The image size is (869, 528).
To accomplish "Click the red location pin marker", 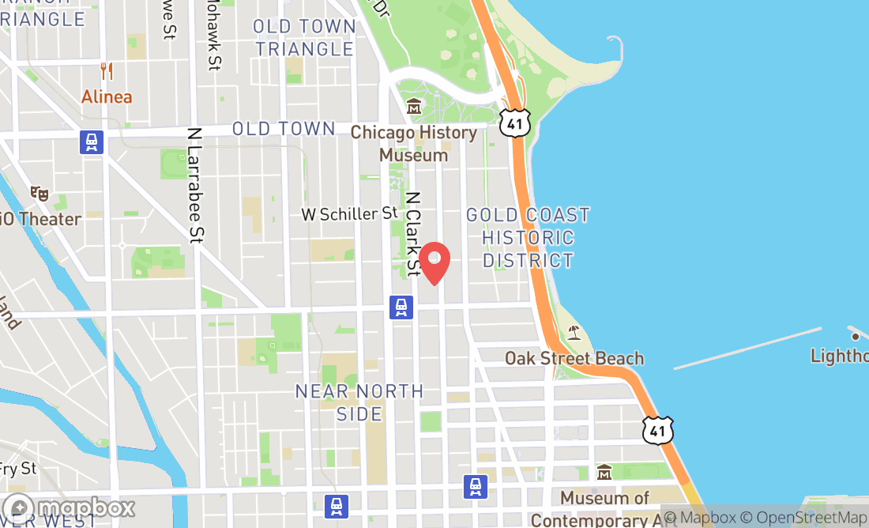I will (x=434, y=262).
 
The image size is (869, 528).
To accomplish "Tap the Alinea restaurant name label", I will (x=107, y=97).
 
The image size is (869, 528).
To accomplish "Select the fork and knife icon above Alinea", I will (x=107, y=71).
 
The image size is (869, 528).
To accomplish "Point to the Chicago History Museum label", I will (x=414, y=143).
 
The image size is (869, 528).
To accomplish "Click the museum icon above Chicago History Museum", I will (x=414, y=106).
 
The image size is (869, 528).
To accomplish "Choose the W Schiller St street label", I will (x=349, y=213).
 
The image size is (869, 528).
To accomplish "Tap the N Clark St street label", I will (x=413, y=232).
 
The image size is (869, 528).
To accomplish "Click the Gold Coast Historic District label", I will (x=528, y=237).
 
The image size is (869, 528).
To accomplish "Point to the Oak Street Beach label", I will (x=574, y=359).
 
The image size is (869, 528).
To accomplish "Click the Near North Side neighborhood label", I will (x=359, y=402).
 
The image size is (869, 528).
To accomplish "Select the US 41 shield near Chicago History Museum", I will (x=515, y=121).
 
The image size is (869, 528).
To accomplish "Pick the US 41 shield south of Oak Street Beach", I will (x=657, y=429).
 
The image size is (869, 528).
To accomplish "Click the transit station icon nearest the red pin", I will (x=401, y=307).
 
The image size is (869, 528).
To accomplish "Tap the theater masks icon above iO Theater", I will (x=39, y=193).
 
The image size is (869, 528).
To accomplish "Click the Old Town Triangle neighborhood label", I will (x=304, y=37).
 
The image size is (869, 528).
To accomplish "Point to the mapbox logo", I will (x=68, y=507).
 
